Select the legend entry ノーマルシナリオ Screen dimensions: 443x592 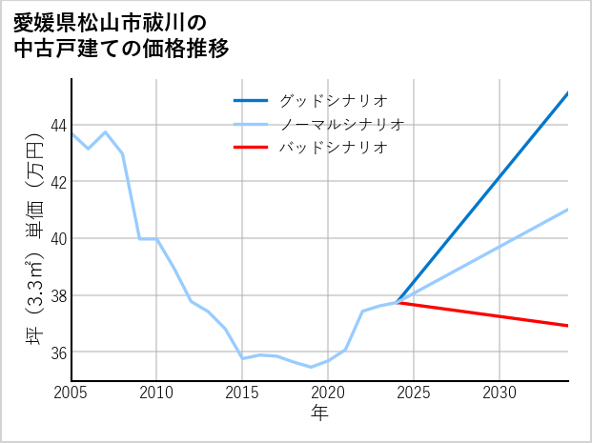pos(341,124)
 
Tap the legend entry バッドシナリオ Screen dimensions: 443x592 pos(332,148)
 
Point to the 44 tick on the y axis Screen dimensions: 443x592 pos(58,125)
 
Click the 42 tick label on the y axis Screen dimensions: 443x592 pos(58,182)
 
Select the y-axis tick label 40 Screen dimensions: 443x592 pos(58,238)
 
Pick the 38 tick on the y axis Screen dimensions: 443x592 pos(58,295)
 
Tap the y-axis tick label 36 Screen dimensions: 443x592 pos(58,352)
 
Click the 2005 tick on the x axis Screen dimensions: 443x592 pos(71,393)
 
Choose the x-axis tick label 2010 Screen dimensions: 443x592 pos(156,393)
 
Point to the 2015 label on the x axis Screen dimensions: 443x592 pos(242,393)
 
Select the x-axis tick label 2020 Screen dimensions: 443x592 pos(328,393)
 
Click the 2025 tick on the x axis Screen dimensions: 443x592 pos(414,393)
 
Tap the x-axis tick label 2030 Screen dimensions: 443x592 pos(500,393)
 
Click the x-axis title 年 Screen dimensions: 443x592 pos(320,413)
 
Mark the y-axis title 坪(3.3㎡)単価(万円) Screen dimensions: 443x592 pos(34,238)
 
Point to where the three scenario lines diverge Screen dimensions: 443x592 pos(397,302)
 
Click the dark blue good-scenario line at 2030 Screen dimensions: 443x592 pos(500,176)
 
